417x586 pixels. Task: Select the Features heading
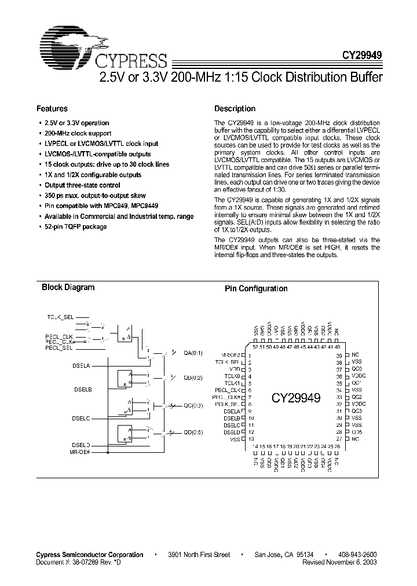(x=52, y=109)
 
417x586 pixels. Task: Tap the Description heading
(x=235, y=109)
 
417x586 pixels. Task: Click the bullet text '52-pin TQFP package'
(x=75, y=226)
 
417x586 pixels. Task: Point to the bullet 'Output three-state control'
(x=82, y=185)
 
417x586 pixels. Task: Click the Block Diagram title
(x=68, y=288)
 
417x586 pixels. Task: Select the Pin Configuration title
(x=256, y=289)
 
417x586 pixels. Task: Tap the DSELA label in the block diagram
(x=82, y=365)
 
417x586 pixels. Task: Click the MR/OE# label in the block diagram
(x=80, y=451)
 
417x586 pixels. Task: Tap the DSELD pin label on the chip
(x=232, y=432)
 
